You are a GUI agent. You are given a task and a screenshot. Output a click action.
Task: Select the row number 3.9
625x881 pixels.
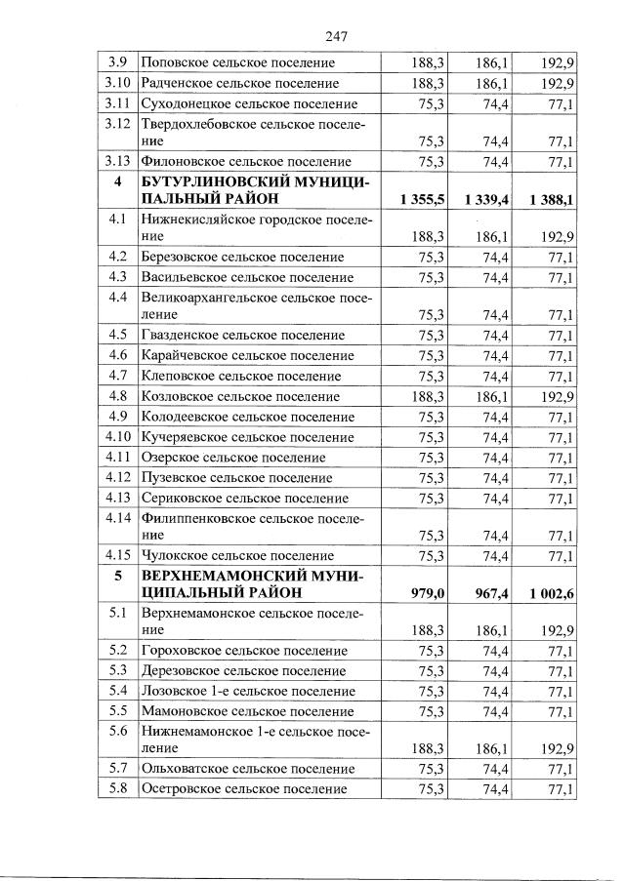(117, 63)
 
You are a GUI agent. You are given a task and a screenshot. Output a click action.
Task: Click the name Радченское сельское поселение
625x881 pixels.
(240, 84)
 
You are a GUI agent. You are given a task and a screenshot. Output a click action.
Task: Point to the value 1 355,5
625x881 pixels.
(422, 199)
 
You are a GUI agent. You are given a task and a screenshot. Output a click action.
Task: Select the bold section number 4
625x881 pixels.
(117, 181)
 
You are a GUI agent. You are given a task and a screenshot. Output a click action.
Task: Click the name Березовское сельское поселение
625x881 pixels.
(242, 257)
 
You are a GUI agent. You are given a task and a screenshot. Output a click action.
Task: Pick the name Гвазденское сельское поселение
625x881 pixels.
(242, 335)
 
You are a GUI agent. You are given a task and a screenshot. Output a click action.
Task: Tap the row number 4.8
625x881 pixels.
(117, 396)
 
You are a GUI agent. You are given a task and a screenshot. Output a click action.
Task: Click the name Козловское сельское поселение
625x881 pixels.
(240, 397)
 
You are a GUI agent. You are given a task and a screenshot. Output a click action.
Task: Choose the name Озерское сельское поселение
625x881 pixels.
(233, 457)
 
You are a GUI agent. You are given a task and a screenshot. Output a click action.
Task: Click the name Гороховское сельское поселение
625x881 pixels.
(243, 650)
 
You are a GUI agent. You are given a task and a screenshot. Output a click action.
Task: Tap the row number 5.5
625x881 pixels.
(117, 709)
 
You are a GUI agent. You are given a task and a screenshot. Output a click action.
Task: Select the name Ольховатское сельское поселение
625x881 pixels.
(248, 769)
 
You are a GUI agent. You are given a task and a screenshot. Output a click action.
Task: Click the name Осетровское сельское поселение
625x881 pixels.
(244, 788)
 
